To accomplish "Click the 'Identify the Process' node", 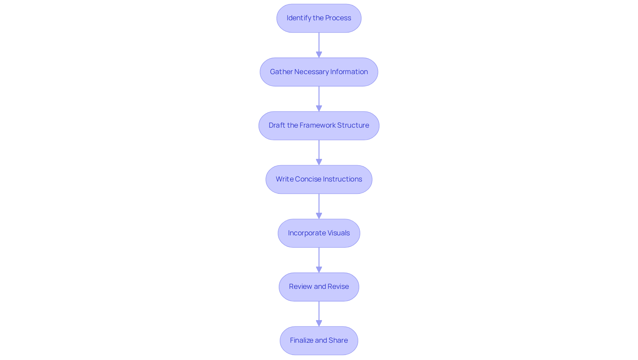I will click(319, 18).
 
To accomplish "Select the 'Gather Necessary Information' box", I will click(319, 72).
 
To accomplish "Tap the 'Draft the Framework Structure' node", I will click(319, 126).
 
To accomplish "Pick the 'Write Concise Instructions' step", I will click(319, 180).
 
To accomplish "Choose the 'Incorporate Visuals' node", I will click(319, 233).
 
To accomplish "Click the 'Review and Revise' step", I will click(319, 287).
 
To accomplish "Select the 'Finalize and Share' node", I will click(319, 341).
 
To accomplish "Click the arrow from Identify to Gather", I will click(319, 45).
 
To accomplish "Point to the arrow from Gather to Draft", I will click(319, 99).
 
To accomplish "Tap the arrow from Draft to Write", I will click(319, 152).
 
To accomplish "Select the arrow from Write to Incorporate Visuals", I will click(319, 206).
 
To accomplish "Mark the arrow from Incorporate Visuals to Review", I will click(319, 260).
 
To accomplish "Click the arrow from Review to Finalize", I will click(319, 313).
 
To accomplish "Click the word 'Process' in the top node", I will click(338, 18).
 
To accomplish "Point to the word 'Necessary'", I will click(311, 72).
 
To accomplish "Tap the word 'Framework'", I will click(317, 125).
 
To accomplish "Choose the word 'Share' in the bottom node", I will click(338, 340).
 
